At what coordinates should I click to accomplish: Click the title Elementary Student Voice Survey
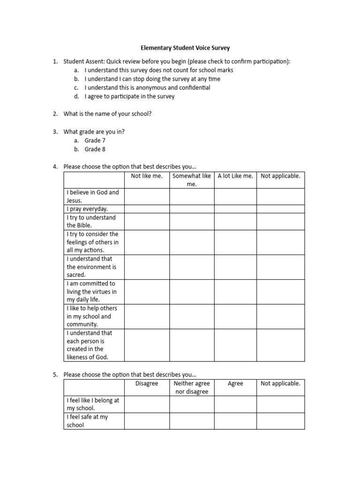tap(186, 48)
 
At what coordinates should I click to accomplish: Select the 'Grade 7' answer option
tap(95, 141)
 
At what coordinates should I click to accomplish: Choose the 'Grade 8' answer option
tap(95, 150)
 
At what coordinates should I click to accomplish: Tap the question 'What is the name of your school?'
tap(107, 114)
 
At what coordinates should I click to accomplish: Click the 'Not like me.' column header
tap(147, 176)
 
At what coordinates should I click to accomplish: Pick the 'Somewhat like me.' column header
tap(192, 180)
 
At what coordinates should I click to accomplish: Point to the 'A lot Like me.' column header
tap(235, 176)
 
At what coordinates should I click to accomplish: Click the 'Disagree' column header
tap(147, 384)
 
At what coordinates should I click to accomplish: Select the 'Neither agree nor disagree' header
tap(192, 388)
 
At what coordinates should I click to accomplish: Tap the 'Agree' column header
tap(235, 384)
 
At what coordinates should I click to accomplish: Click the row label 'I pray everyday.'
tap(87, 209)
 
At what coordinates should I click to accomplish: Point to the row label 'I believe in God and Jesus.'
tap(93, 196)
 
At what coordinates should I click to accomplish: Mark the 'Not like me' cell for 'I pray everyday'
tap(147, 209)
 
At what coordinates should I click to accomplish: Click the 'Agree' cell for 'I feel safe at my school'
tap(235, 421)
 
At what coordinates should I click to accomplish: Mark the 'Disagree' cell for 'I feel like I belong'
tap(147, 405)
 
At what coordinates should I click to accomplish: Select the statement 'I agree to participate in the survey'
tap(129, 97)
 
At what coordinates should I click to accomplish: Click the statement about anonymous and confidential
tap(147, 88)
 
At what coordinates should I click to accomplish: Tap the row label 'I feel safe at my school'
tap(87, 421)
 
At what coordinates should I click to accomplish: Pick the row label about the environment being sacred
tap(91, 267)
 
